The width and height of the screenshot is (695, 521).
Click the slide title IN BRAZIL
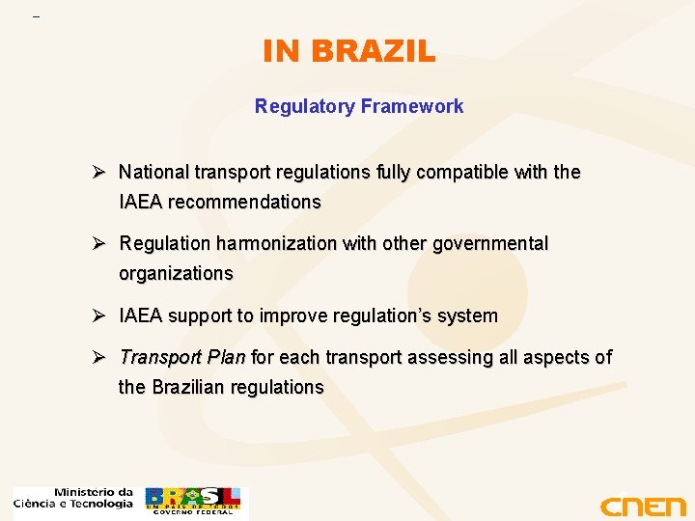pos(348,51)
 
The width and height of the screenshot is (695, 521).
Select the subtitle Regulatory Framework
pos(358,106)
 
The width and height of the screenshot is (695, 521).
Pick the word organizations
pos(176,274)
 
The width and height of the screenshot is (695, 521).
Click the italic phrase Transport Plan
pos(181,358)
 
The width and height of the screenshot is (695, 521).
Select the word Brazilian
pos(193,388)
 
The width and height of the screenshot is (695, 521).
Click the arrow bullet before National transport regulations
pos(98,173)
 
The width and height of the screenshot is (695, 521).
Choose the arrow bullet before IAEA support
pos(98,315)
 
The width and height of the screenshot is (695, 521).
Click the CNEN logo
pos(642,506)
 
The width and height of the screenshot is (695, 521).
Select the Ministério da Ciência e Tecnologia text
pos(73,498)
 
